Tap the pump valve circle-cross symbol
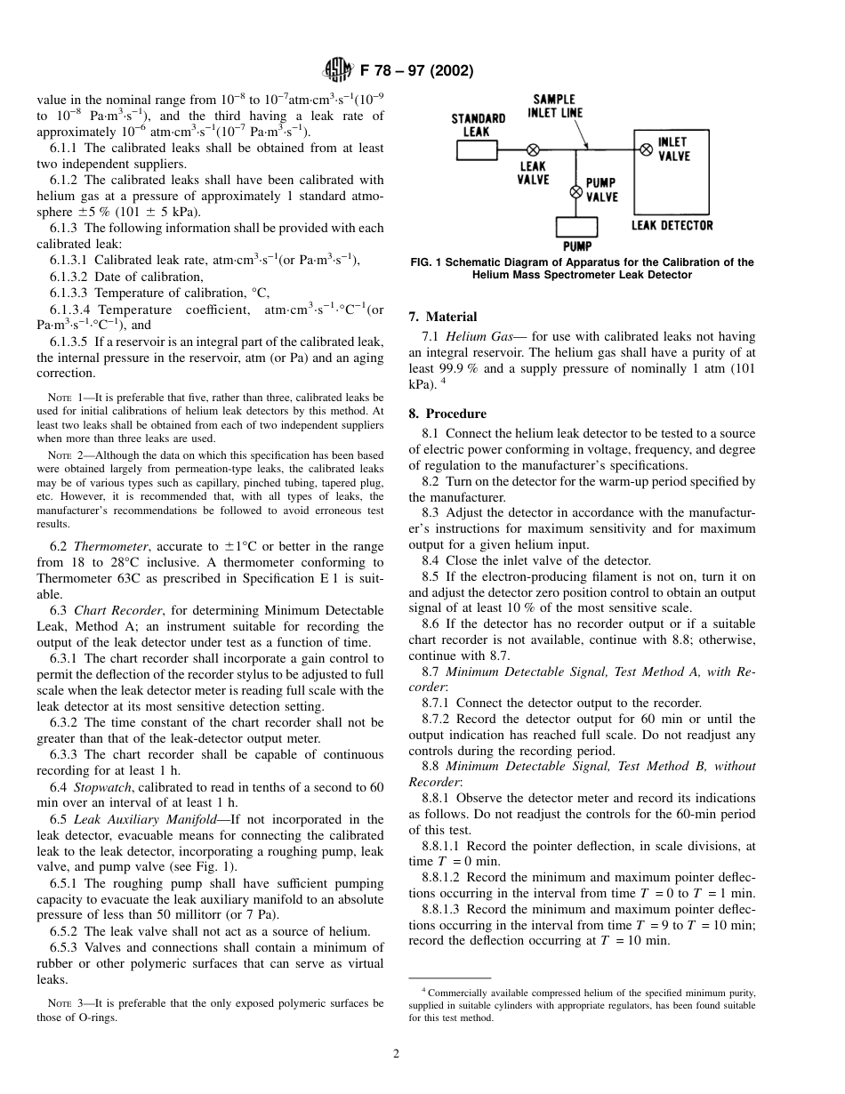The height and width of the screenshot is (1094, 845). click(x=575, y=191)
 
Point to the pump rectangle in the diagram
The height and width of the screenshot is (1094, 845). click(x=576, y=228)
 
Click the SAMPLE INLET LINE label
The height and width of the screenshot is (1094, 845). click(x=556, y=106)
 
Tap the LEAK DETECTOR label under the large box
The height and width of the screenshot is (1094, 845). click(x=672, y=225)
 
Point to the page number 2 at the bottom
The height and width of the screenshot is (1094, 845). click(x=397, y=1055)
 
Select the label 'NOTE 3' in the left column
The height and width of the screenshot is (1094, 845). click(x=67, y=1002)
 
